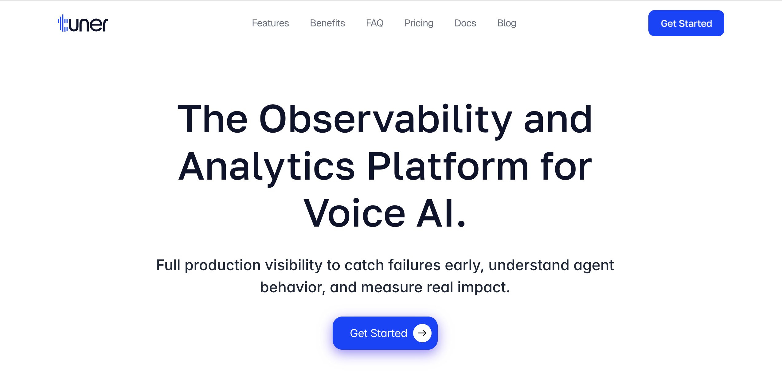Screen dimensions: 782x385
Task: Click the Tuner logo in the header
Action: coord(83,23)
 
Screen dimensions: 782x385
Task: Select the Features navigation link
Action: coord(270,23)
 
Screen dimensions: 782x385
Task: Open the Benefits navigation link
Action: coord(327,23)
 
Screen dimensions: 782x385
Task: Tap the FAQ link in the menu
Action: coord(375,23)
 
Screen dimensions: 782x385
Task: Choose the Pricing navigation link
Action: coord(419,23)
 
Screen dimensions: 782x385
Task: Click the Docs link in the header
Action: coord(465,23)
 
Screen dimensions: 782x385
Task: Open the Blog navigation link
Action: coord(507,23)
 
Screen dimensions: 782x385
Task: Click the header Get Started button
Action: coord(686,23)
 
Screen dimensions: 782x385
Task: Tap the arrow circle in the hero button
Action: coord(422,333)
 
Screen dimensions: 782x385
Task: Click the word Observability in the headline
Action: coord(386,120)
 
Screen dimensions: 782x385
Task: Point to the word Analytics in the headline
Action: coord(267,167)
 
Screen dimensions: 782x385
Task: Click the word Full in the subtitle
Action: coord(168,265)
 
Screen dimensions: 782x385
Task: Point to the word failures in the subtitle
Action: coord(414,265)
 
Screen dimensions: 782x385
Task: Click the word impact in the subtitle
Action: coord(483,288)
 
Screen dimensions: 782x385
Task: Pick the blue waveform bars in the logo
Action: coord(63,23)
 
